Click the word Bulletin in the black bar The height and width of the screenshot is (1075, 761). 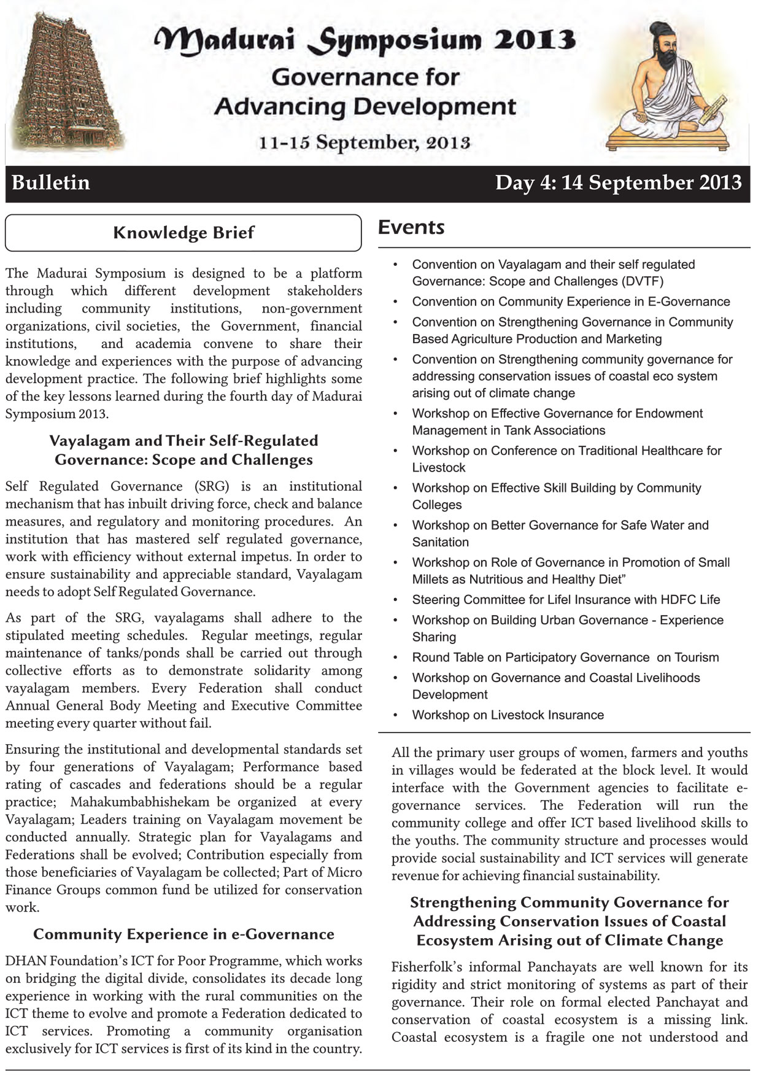[x=51, y=183]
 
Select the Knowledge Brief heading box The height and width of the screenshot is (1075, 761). [x=183, y=233]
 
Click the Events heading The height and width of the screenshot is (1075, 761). [x=411, y=227]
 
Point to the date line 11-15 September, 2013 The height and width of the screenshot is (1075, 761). [x=365, y=142]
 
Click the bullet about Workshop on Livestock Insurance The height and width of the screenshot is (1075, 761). [x=508, y=715]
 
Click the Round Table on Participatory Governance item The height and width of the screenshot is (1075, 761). [x=565, y=657]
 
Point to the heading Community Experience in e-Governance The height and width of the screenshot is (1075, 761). [x=183, y=934]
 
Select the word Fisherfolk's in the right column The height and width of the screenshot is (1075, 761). [x=427, y=967]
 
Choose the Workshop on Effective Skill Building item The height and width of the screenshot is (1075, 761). [x=556, y=496]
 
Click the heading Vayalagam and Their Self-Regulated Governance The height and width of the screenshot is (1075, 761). [x=183, y=450]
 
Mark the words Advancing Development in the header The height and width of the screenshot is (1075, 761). [x=365, y=107]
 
